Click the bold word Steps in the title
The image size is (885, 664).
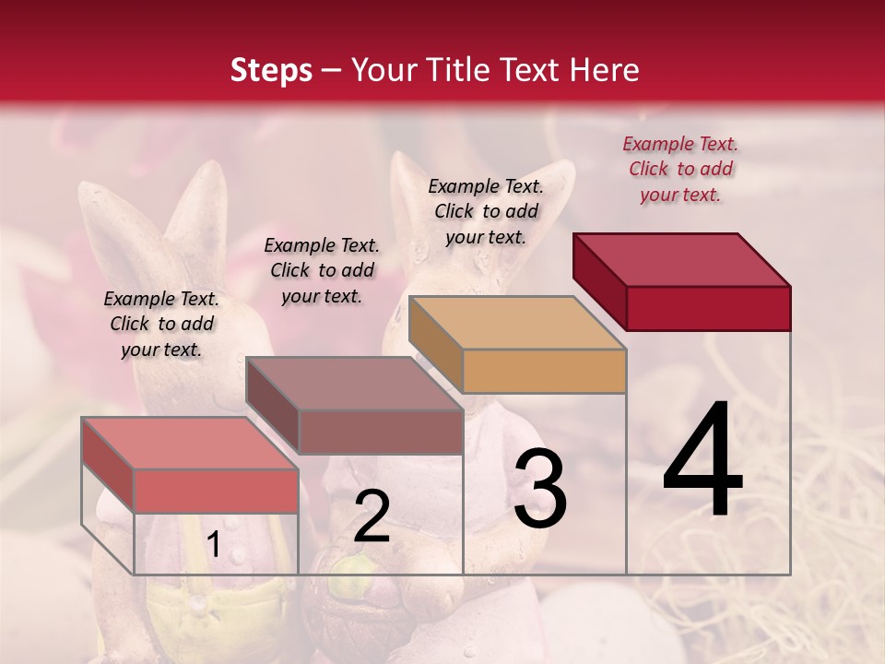click(x=271, y=70)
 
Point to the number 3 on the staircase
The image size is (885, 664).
click(x=540, y=489)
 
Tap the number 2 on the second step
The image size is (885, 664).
click(x=372, y=517)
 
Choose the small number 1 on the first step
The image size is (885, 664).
click(x=213, y=545)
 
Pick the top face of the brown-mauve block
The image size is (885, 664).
click(x=355, y=384)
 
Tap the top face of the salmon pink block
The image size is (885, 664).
click(x=190, y=443)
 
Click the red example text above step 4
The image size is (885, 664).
click(x=680, y=169)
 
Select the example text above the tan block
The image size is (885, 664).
click(x=486, y=211)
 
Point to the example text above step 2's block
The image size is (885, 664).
click(x=322, y=270)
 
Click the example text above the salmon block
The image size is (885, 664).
click(x=161, y=324)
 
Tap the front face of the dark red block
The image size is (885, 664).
click(x=708, y=308)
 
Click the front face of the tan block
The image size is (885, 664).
click(x=544, y=371)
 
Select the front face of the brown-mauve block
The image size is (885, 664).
click(x=380, y=432)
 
